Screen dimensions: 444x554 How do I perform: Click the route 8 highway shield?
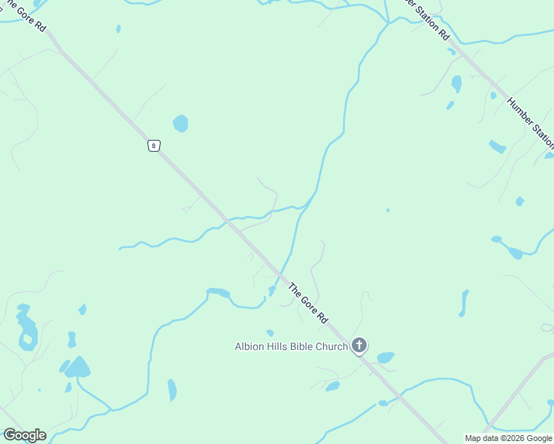pos(153,146)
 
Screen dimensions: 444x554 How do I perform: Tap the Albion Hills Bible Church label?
pos(291,346)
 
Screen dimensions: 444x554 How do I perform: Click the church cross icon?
pos(359,345)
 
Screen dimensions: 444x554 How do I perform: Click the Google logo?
pos(24,435)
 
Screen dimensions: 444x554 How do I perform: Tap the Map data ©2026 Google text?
pos(508,438)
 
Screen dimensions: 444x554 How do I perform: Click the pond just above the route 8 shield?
pos(180,123)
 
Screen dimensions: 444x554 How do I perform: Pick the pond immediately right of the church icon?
pos(385,358)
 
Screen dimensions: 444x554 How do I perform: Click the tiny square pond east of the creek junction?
pos(387,210)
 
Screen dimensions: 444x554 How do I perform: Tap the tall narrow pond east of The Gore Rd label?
pos(464,303)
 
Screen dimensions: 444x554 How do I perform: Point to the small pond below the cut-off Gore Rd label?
pos(118,29)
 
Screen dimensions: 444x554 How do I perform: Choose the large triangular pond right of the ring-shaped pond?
pos(77,367)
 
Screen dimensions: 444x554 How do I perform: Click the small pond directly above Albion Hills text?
pos(270,333)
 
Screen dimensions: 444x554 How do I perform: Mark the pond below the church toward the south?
pos(333,386)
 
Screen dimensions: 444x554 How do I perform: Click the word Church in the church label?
pos(330,346)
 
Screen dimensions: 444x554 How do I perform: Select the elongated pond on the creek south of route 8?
pos(218,292)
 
